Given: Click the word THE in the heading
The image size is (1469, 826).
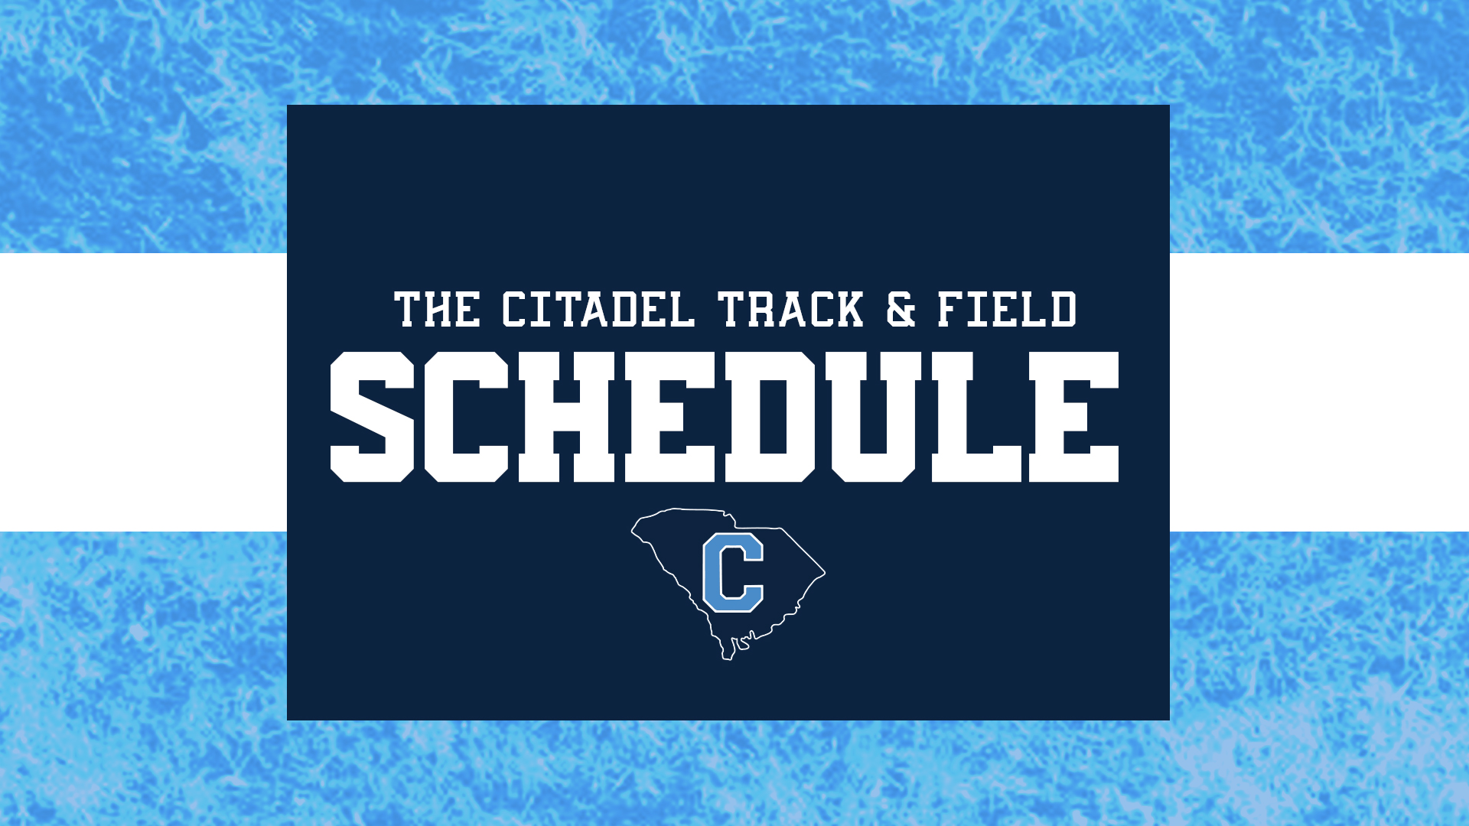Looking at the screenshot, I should (x=437, y=310).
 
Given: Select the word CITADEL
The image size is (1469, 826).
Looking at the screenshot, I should (x=598, y=310).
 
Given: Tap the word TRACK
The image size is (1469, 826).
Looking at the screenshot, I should (x=790, y=310).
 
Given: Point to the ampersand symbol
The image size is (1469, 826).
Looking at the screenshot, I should (x=901, y=310).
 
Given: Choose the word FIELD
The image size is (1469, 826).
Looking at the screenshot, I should (x=1007, y=310).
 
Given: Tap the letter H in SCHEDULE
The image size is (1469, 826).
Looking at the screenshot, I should (x=566, y=417).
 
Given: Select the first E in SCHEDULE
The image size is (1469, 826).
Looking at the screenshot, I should (x=670, y=417).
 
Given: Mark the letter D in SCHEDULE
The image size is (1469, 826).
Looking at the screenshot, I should (x=770, y=417).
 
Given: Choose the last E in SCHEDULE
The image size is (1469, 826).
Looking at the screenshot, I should (x=1073, y=417).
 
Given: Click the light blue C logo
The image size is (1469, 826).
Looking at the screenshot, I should (x=732, y=572).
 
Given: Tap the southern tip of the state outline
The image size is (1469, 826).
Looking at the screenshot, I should (x=727, y=656).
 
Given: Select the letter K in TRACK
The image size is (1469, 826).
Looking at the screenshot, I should (x=847, y=310).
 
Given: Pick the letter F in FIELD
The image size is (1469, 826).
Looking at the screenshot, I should (x=951, y=310).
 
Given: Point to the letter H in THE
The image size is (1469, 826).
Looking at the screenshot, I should (x=437, y=310).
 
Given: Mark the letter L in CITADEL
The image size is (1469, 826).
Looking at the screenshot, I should (x=682, y=310).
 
